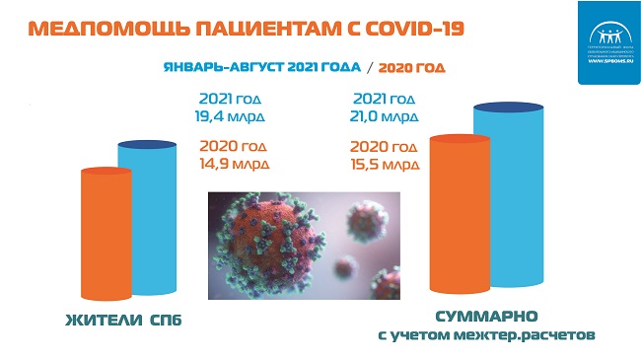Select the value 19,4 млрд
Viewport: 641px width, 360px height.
pyautogui.click(x=233, y=116)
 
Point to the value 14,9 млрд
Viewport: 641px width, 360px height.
pyautogui.click(x=233, y=165)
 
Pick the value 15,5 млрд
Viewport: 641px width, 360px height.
pyautogui.click(x=386, y=165)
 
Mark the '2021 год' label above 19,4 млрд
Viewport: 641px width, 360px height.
pyautogui.click(x=233, y=99)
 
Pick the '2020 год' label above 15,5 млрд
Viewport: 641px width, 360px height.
pyautogui.click(x=386, y=147)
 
